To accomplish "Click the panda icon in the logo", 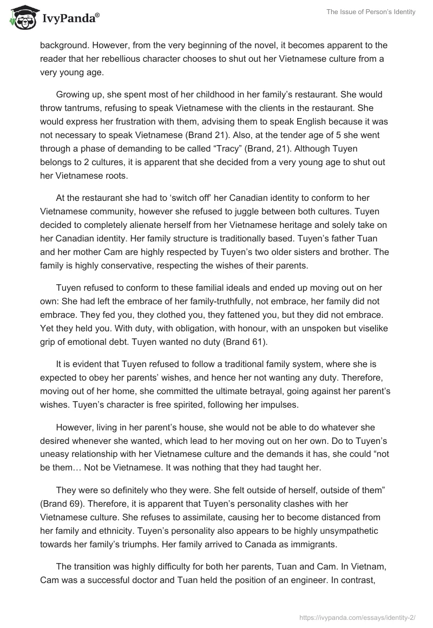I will [22, 18].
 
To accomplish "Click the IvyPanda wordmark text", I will [70, 19].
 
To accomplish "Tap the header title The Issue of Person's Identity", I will [371, 12].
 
